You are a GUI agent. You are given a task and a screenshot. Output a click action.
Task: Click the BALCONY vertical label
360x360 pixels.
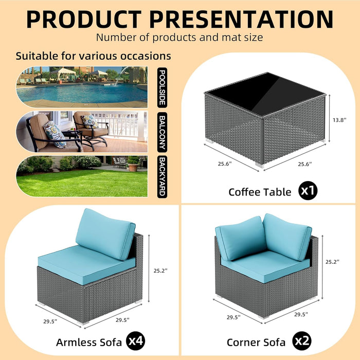pos(162,132)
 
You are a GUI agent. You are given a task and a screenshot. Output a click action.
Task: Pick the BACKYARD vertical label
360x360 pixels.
pos(162,176)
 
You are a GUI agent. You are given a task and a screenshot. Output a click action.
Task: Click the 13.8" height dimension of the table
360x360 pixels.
pos(341,119)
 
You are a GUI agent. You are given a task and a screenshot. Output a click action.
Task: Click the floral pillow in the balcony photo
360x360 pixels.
pos(53,133)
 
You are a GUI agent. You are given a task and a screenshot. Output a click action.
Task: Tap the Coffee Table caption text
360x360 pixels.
pos(260,192)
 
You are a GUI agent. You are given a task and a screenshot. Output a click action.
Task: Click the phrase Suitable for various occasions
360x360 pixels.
pos(93,56)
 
